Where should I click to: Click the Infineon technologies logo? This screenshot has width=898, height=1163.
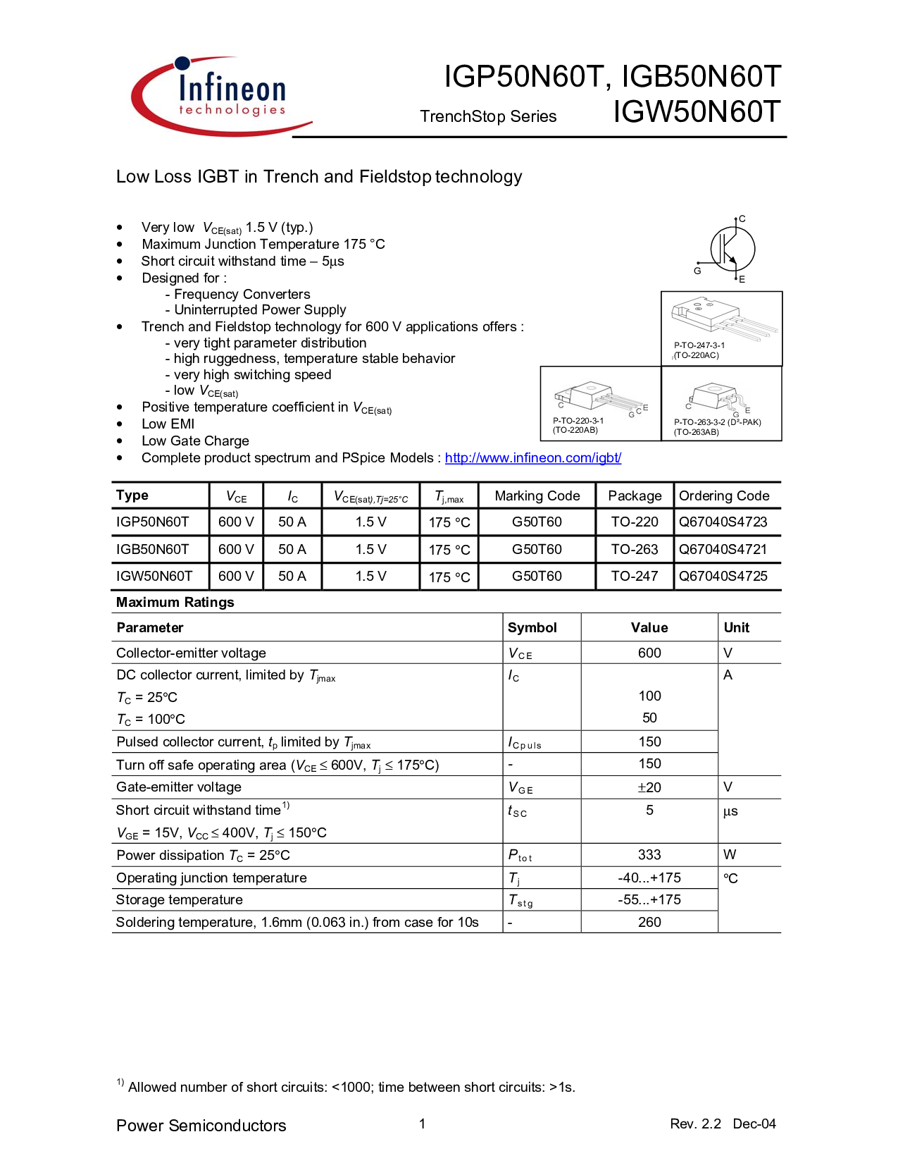pyautogui.click(x=221, y=97)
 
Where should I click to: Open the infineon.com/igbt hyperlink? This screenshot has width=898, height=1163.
pyautogui.click(x=532, y=458)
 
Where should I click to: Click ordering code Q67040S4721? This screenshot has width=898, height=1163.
pyautogui.click(x=723, y=550)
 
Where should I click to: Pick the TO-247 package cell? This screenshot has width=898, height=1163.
pyautogui.click(x=635, y=577)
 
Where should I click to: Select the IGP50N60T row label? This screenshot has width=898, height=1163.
pyautogui.click(x=152, y=522)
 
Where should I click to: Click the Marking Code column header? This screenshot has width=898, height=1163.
pyautogui.click(x=537, y=496)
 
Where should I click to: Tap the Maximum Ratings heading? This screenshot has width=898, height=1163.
pyautogui.click(x=175, y=603)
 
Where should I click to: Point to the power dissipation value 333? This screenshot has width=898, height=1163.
pyautogui.click(x=649, y=855)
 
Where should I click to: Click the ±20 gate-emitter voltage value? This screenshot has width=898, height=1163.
pyautogui.click(x=649, y=788)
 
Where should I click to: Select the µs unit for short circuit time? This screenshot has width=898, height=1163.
pyautogui.click(x=730, y=811)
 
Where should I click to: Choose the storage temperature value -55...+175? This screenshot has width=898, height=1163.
pyautogui.click(x=649, y=899)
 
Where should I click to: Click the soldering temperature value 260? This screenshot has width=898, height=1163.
pyautogui.click(x=649, y=922)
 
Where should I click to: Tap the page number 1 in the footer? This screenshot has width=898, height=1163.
pyautogui.click(x=422, y=1124)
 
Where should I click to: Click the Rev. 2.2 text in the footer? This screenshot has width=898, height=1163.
pyautogui.click(x=695, y=1124)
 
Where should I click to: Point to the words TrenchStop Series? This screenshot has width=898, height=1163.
pyautogui.click(x=488, y=117)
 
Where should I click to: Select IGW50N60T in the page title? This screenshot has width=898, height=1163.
pyautogui.click(x=697, y=112)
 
